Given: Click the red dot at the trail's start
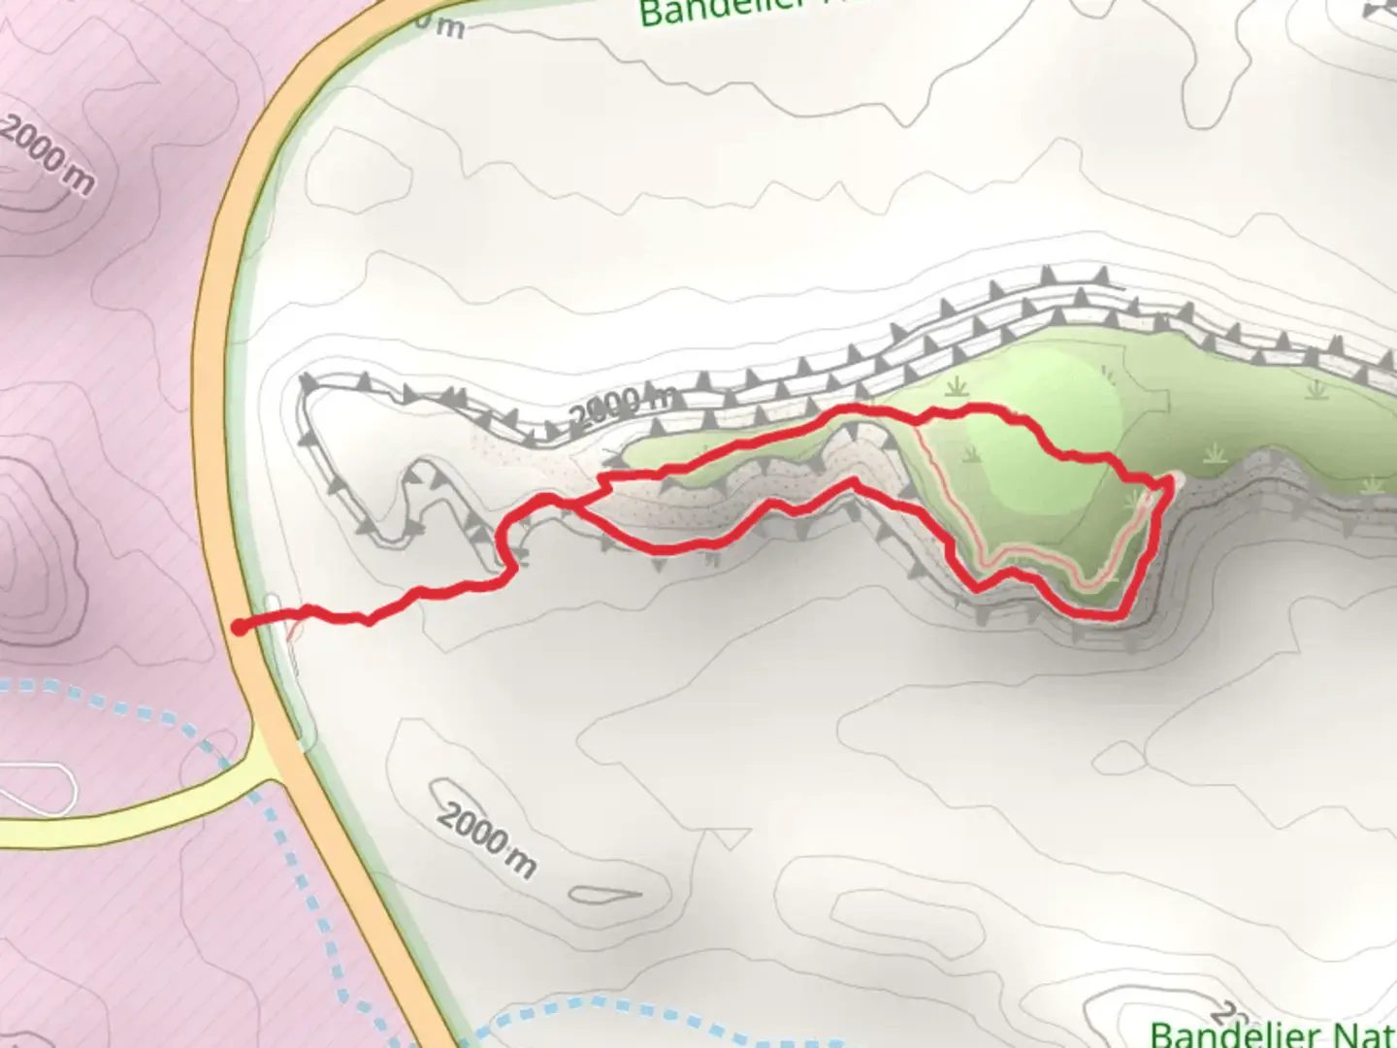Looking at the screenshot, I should point(239,628).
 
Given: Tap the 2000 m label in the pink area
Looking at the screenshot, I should point(47,153).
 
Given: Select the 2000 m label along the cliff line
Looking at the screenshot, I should point(621,406).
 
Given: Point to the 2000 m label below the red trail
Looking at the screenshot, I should point(485,838).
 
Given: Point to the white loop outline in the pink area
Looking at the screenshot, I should point(39,788).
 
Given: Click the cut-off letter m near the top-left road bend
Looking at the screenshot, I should point(448,26).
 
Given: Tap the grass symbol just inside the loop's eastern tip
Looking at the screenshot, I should point(1135,501).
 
